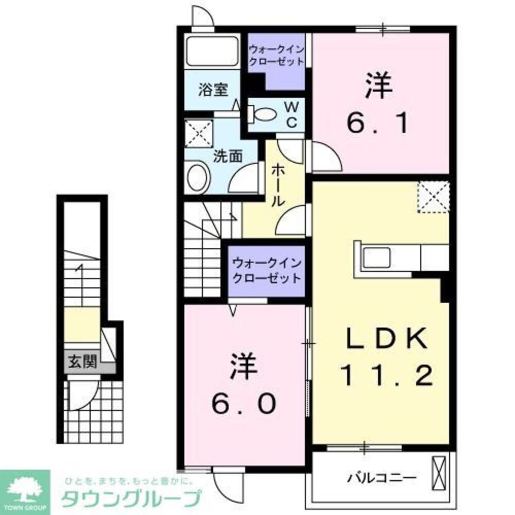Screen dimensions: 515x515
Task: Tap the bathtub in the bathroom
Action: [212, 51]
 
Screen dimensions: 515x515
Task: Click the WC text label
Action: [291, 114]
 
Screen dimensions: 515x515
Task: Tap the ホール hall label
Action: [278, 185]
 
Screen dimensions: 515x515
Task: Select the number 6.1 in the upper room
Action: [380, 106]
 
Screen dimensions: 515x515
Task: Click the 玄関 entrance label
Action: [82, 362]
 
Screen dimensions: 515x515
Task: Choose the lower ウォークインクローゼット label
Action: [265, 271]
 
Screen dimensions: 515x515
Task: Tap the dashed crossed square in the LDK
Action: [433, 196]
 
